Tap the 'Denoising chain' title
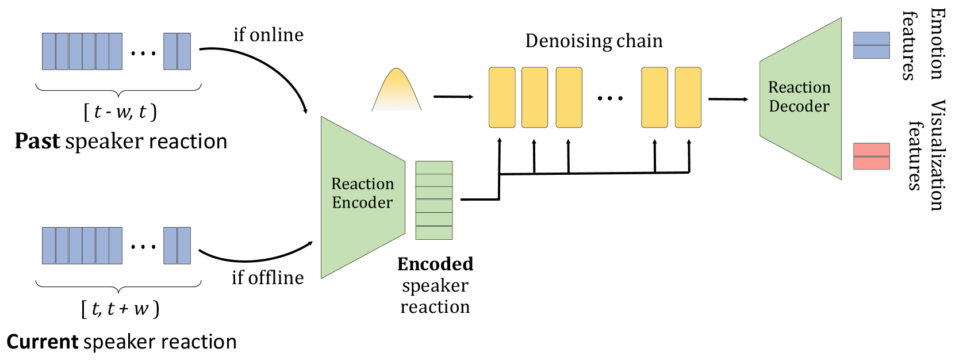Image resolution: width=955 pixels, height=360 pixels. [x=594, y=41]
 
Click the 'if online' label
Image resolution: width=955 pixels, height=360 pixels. [x=269, y=35]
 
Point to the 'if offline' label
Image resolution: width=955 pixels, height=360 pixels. [x=268, y=278]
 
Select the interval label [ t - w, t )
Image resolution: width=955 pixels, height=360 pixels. [x=120, y=111]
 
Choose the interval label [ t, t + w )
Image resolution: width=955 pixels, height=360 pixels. [x=120, y=309]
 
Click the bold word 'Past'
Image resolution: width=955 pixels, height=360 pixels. [x=37, y=141]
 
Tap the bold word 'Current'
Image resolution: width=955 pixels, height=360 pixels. [x=42, y=342]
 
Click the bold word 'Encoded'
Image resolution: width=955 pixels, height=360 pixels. [x=435, y=264]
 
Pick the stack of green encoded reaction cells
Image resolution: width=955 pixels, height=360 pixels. [x=434, y=200]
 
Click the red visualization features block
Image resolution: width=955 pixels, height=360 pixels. [x=871, y=156]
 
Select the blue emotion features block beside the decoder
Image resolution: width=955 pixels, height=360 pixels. [x=871, y=45]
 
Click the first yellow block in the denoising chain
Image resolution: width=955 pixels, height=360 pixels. [x=502, y=97]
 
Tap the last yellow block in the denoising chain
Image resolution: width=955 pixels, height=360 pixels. [x=688, y=97]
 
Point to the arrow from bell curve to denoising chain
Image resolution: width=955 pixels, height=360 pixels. [x=453, y=97]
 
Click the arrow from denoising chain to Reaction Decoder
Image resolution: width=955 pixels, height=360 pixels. [x=728, y=99]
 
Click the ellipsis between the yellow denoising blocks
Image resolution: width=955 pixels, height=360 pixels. [x=610, y=98]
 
